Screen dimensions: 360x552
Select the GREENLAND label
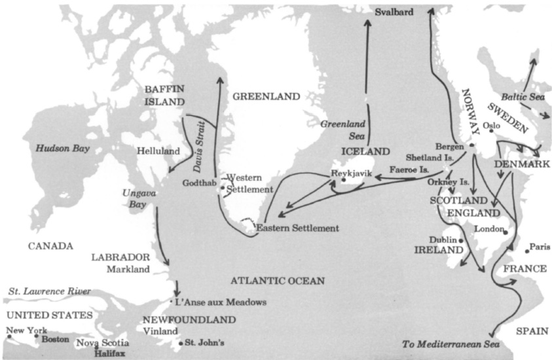(x=266, y=96)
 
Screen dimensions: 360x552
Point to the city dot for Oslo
(x=490, y=131)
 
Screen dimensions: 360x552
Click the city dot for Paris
(x=526, y=251)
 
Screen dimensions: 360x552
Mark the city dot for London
(x=506, y=231)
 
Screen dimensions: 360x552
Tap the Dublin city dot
(x=462, y=241)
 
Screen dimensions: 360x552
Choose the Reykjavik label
(x=352, y=173)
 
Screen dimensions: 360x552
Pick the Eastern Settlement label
(x=297, y=228)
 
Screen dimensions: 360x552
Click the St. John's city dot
(x=181, y=342)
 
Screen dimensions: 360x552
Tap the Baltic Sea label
(x=523, y=96)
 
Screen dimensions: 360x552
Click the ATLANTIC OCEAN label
(x=277, y=281)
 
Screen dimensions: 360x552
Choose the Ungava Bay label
(x=138, y=200)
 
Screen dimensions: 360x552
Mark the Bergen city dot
(x=471, y=145)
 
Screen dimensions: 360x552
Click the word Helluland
(x=158, y=151)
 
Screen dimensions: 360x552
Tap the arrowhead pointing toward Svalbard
(x=367, y=22)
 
